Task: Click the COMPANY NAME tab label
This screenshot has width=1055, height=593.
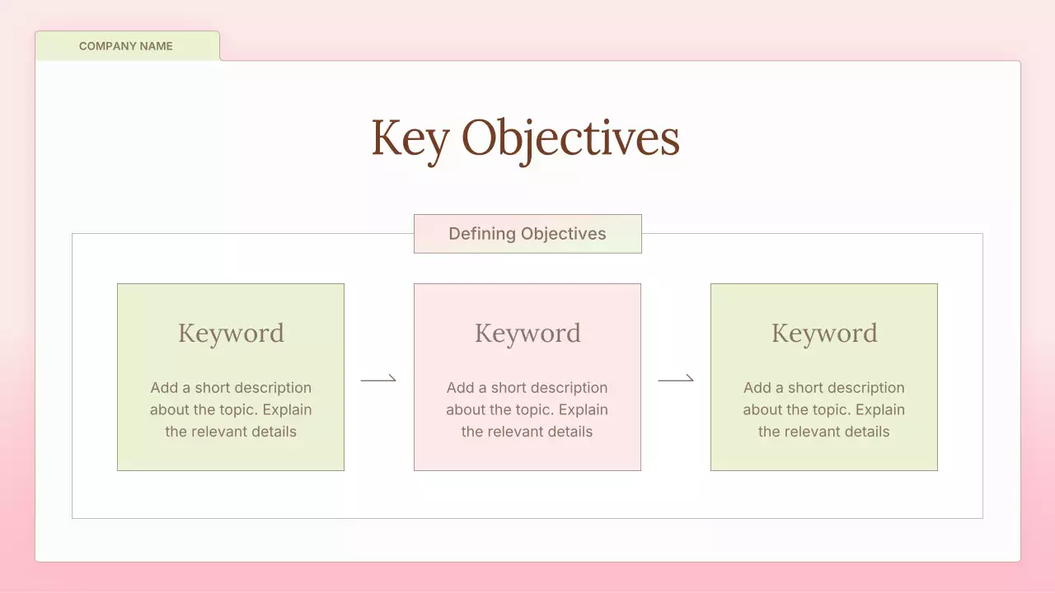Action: [x=126, y=46]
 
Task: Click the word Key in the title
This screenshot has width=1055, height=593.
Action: [x=410, y=138]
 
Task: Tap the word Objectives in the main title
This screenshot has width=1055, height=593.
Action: [x=570, y=138]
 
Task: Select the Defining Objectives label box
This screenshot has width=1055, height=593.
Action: [x=527, y=234]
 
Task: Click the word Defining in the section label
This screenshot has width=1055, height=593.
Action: [x=481, y=234]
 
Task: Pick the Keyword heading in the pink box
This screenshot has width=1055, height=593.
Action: [x=527, y=333]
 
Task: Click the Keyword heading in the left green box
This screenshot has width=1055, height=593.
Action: [x=231, y=333]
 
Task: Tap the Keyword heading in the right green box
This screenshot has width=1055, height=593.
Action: [x=824, y=333]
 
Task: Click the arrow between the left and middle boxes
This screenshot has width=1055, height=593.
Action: [x=378, y=379]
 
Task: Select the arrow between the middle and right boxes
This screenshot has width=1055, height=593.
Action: [x=676, y=379]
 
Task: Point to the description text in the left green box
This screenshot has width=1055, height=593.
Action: [x=231, y=409]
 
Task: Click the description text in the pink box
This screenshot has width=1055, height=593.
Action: [x=527, y=409]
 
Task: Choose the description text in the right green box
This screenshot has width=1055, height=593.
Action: [x=824, y=409]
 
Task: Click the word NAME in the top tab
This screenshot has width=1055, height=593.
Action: [x=155, y=46]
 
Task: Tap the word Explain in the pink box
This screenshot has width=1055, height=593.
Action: [x=583, y=410]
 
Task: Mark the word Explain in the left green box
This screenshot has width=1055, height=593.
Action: [x=286, y=410]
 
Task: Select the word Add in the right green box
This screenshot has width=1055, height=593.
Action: [x=757, y=388]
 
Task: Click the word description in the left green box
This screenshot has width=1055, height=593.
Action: [x=270, y=388]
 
